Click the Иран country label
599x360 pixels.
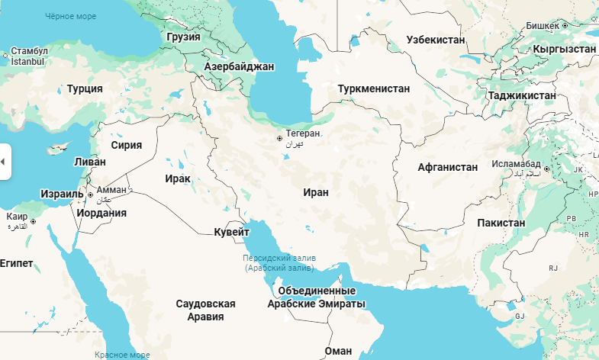coord(315,192)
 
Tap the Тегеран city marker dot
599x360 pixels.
coord(280,139)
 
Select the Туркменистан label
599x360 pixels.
coord(374,88)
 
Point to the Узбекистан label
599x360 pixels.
coord(435,39)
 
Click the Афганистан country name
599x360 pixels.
coord(448,167)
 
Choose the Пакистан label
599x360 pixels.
coord(501,223)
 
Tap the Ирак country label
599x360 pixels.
coord(177,178)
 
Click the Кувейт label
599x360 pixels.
coord(231,231)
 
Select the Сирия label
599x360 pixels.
coord(126,144)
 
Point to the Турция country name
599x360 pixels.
coord(85,88)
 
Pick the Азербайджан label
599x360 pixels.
coord(239,66)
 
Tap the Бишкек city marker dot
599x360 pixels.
coord(565,25)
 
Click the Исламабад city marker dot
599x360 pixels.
coord(546,169)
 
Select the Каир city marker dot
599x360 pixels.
coord(33,221)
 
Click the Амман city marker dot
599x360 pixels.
coord(91,195)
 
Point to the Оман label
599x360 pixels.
coord(338,351)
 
